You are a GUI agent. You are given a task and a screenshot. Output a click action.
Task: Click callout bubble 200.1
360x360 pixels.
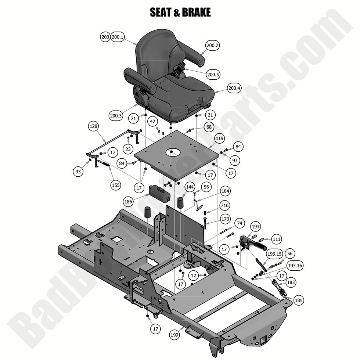[x=118, y=37]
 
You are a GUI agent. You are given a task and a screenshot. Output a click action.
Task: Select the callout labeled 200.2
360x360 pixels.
[x=212, y=46]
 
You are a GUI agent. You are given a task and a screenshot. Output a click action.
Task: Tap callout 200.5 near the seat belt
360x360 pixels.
[x=213, y=75]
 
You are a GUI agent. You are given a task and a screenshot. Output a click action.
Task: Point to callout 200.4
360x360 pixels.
[x=234, y=88]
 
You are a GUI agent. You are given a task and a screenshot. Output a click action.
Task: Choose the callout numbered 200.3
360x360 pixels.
[x=116, y=115]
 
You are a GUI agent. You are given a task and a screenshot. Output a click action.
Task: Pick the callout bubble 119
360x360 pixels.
[x=220, y=139]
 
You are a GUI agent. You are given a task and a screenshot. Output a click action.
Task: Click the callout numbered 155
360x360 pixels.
[x=116, y=185]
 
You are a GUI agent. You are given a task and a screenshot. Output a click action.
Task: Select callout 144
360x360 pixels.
[x=190, y=187]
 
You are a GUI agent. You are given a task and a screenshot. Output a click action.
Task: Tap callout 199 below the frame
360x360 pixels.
[x=174, y=335]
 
